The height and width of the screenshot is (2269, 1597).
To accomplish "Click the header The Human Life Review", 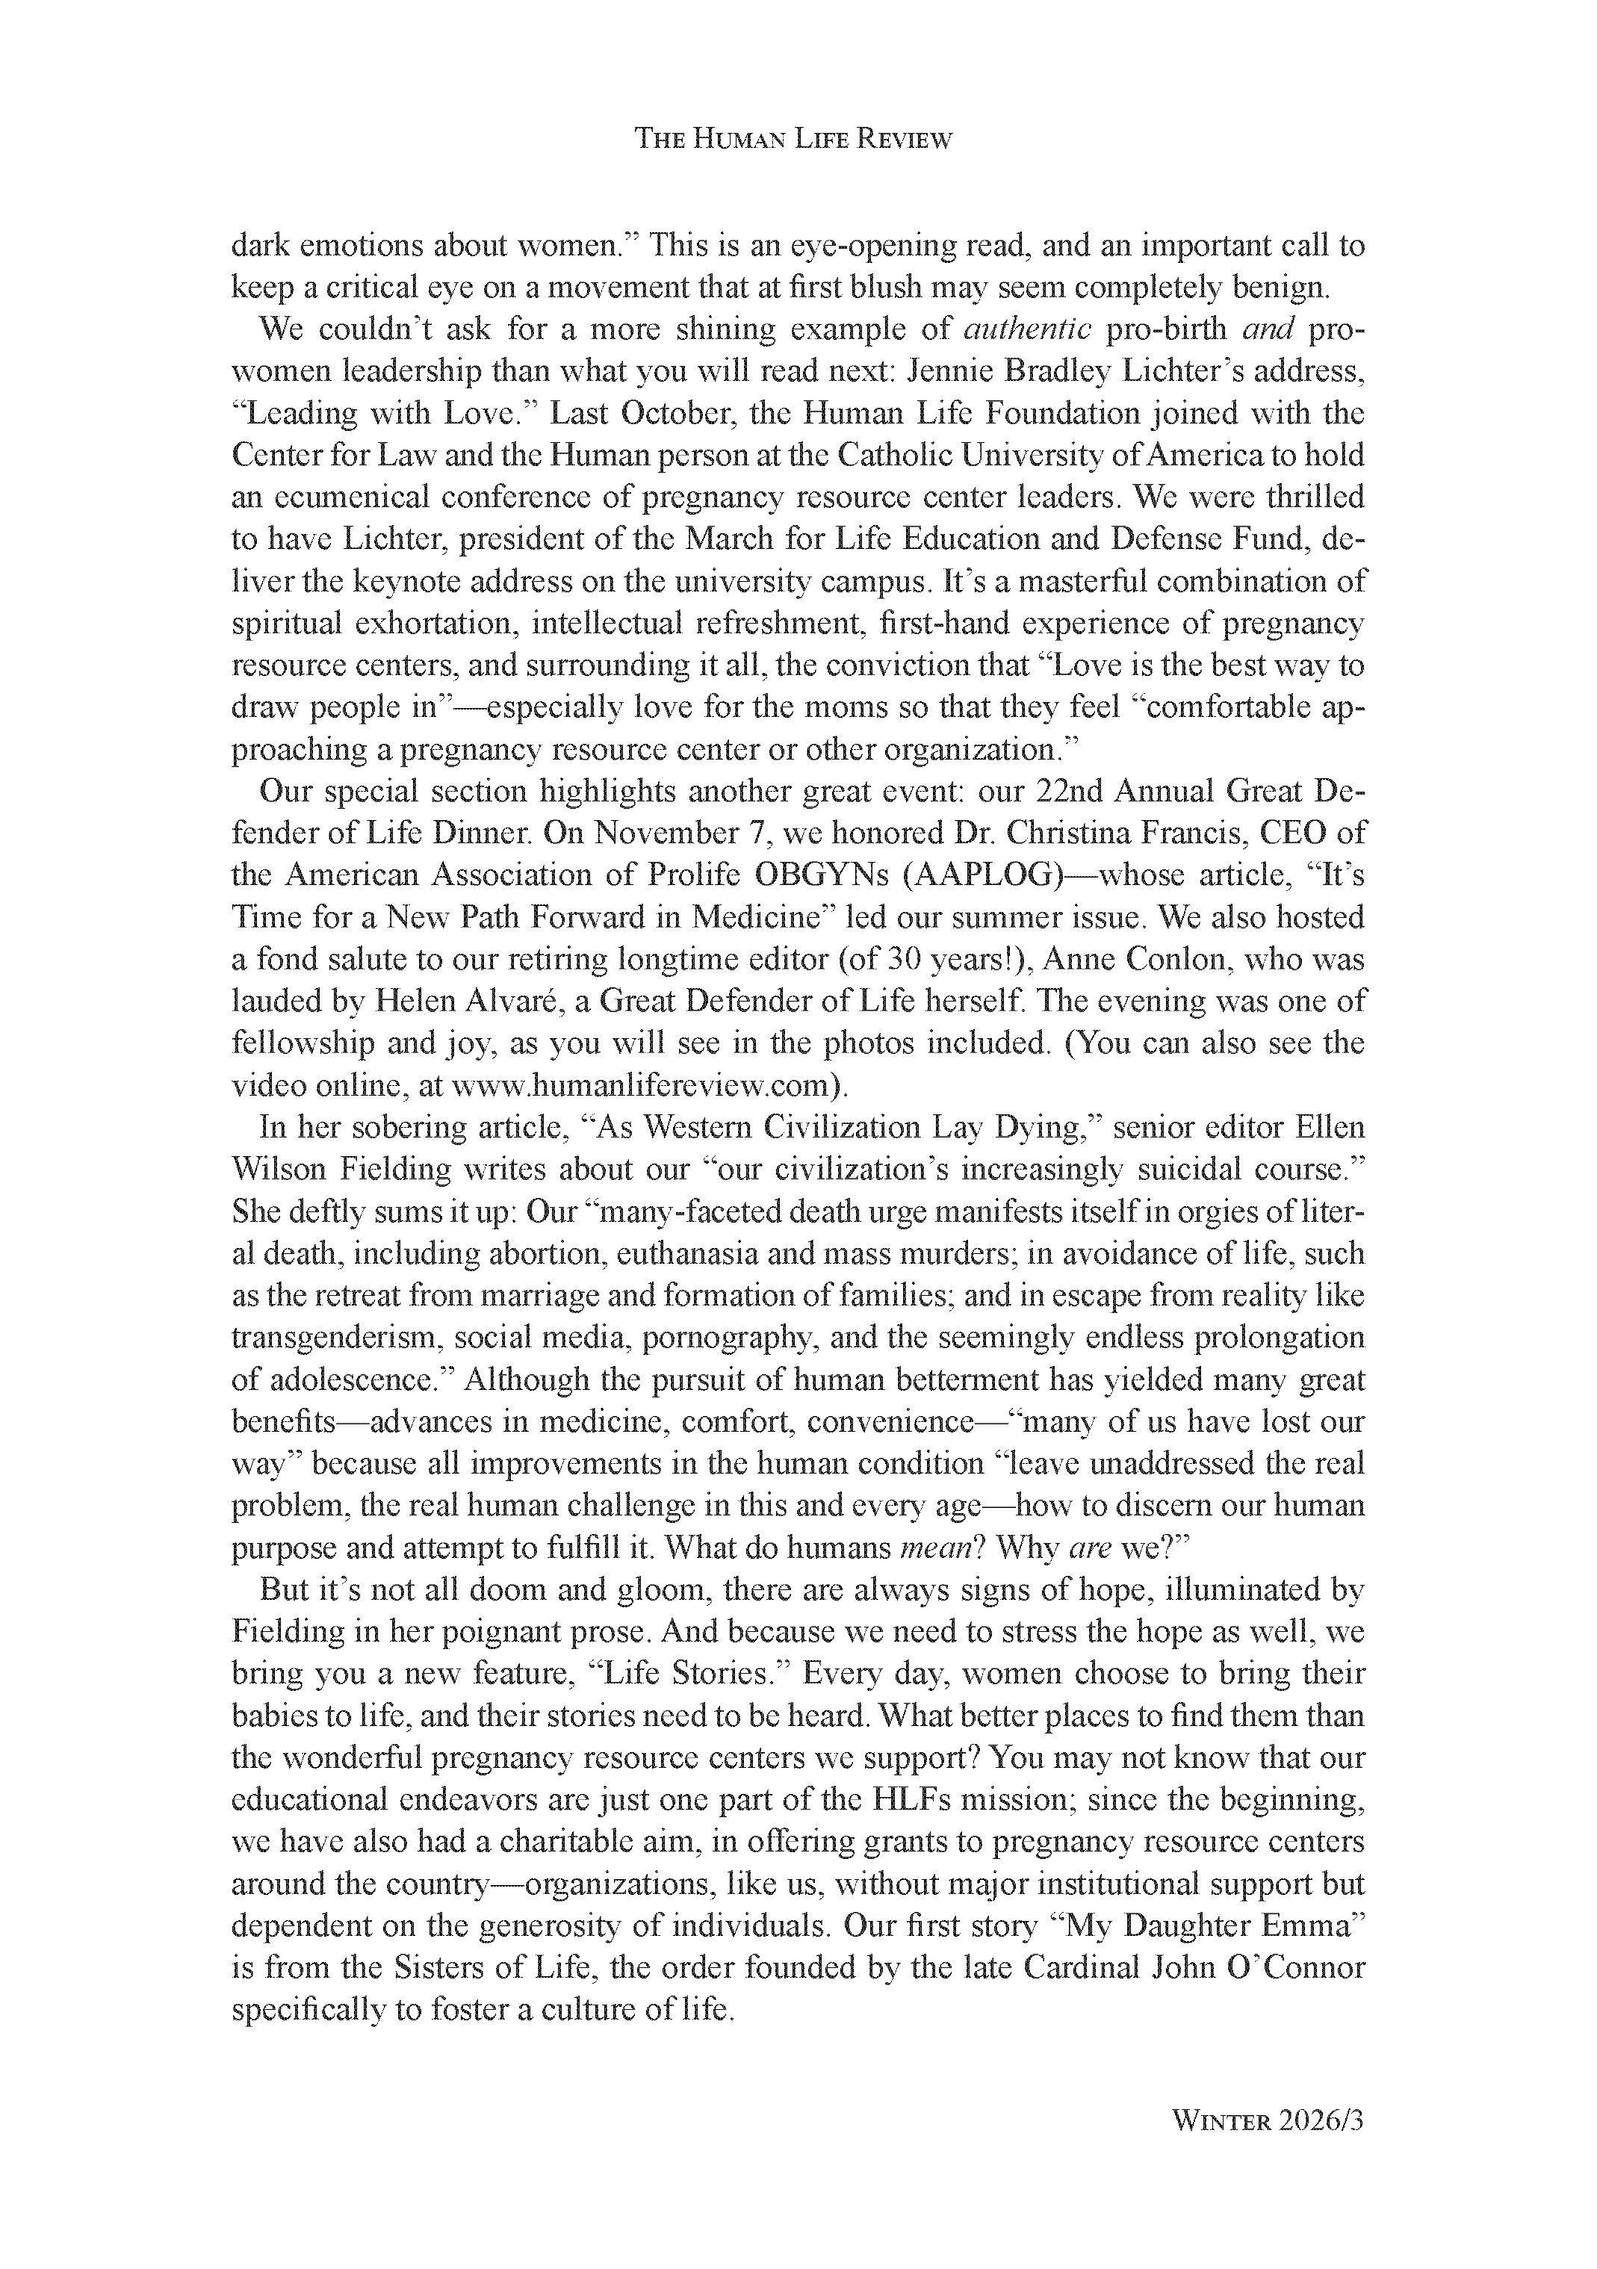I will click(793, 140).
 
